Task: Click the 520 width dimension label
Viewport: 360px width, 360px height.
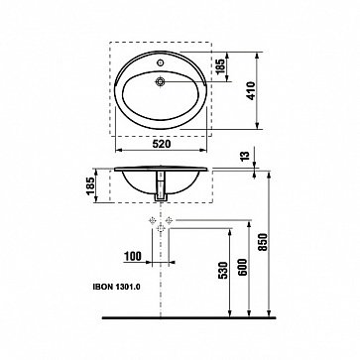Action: click(x=161, y=144)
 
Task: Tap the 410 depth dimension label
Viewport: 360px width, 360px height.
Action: click(x=251, y=90)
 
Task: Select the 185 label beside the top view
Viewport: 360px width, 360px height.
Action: click(x=220, y=66)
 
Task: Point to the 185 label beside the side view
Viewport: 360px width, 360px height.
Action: click(x=90, y=186)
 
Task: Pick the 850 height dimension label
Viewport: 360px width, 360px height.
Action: click(x=263, y=242)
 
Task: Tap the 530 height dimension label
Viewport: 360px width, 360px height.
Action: click(x=223, y=271)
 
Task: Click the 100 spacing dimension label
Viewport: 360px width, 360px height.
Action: click(x=133, y=256)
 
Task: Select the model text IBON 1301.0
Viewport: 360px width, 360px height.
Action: click(x=116, y=288)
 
